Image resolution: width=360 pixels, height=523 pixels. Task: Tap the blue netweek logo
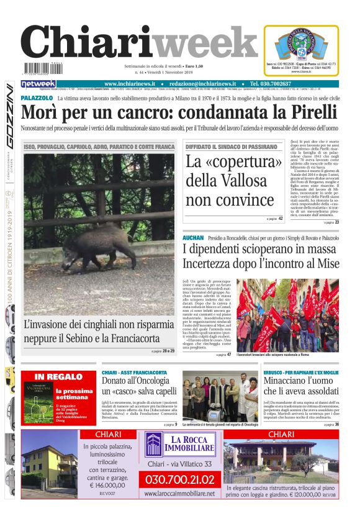(x=38, y=84)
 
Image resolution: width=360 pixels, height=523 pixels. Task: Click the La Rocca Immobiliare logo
(x=180, y=445)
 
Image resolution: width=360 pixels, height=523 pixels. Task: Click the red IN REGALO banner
(x=58, y=376)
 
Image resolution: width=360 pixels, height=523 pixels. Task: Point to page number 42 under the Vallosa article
(x=280, y=219)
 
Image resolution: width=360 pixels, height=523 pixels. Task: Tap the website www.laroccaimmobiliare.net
(x=179, y=493)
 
